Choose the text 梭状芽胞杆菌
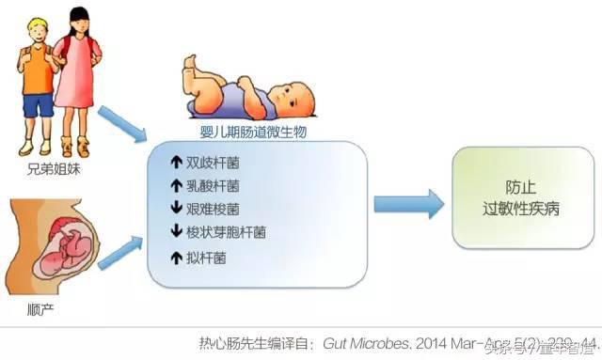tap(227, 231)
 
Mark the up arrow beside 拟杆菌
tap(175, 256)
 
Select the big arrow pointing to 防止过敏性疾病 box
tap(407, 203)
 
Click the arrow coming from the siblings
tap(121, 121)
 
